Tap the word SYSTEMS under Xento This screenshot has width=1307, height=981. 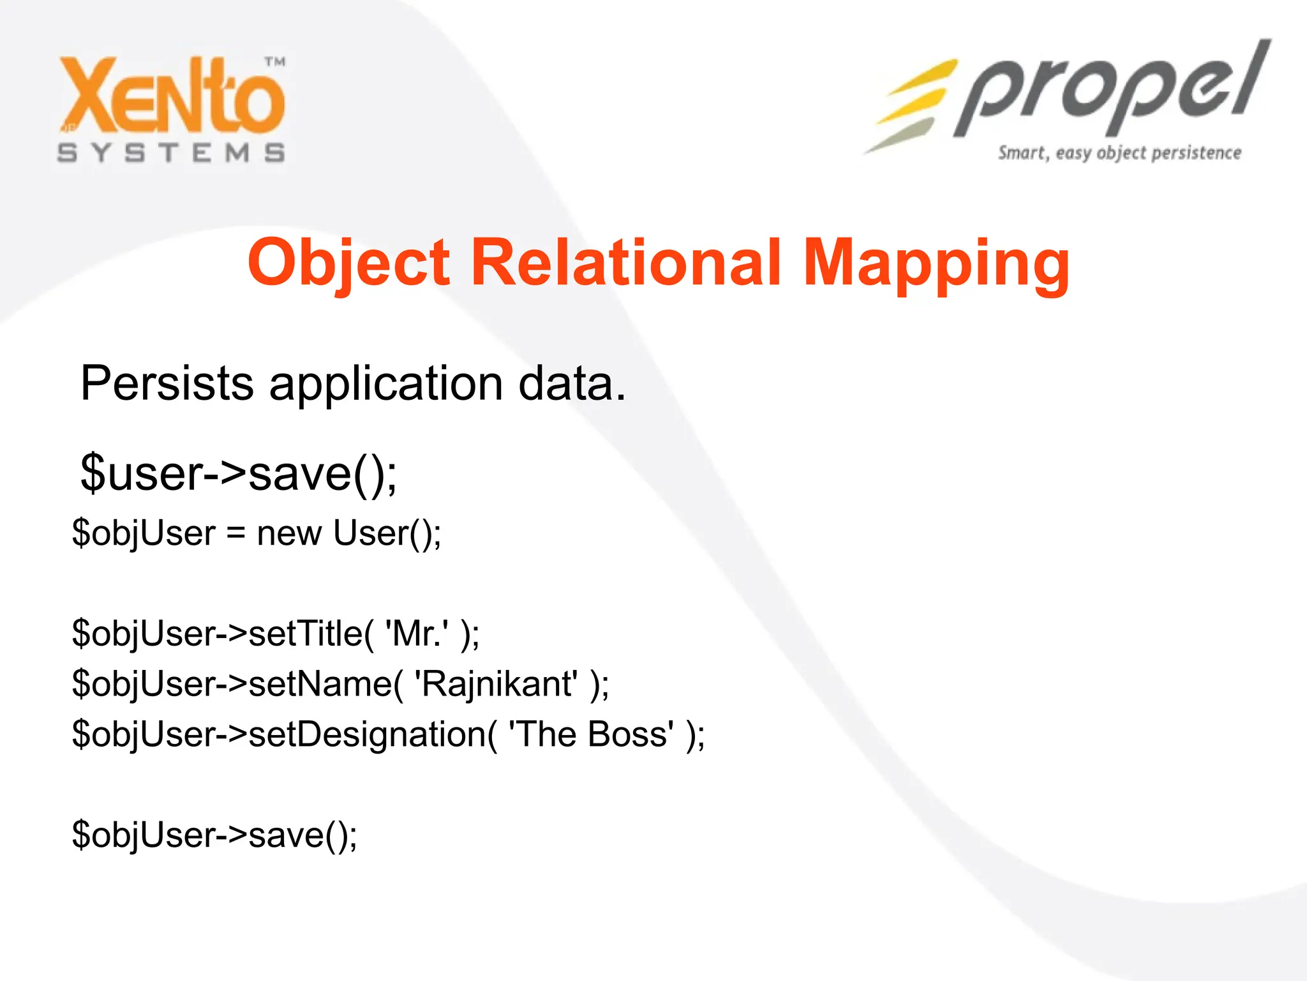point(171,153)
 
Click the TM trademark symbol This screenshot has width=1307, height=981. point(275,62)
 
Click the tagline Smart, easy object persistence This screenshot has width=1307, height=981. point(1119,153)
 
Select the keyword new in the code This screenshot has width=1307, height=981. point(288,533)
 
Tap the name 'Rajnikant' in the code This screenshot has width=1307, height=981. point(496,684)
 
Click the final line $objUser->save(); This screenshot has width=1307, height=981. point(214,835)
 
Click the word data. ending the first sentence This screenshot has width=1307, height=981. point(572,383)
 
